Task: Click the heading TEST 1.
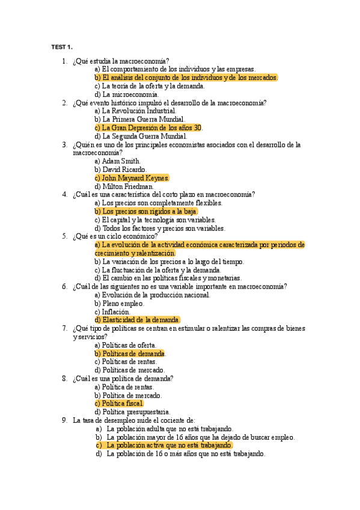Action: coord(62,47)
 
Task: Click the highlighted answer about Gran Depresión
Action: coord(149,128)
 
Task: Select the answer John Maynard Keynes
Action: coord(132,178)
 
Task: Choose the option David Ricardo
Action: coord(120,170)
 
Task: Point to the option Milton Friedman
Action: coord(124,186)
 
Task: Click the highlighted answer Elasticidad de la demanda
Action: coord(138,320)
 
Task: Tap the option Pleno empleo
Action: coord(120,303)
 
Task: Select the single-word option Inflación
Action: coord(112,312)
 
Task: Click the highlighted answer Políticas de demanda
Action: coord(130,354)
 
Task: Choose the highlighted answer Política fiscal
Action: coord(119,404)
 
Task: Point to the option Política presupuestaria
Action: coord(132,412)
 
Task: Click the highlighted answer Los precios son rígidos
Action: coord(146,212)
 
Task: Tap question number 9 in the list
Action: coord(64,420)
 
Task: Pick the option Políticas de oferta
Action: coord(126,345)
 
